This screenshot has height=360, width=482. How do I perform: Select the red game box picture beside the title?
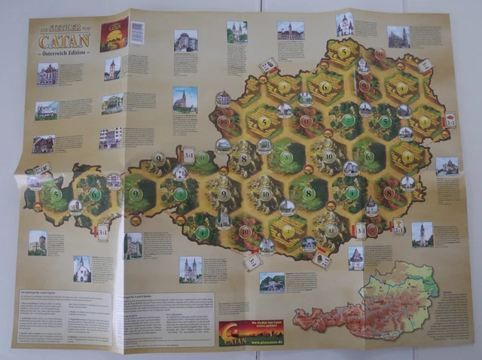[114, 34]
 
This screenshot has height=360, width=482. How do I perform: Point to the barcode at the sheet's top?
[137, 32]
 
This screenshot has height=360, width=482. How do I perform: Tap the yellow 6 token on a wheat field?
[325, 86]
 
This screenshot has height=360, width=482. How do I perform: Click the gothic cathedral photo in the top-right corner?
[398, 37]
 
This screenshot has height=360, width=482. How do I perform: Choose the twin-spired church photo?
[190, 268]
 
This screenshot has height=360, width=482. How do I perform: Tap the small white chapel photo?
[82, 268]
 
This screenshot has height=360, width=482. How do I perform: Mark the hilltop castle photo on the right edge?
[447, 166]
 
